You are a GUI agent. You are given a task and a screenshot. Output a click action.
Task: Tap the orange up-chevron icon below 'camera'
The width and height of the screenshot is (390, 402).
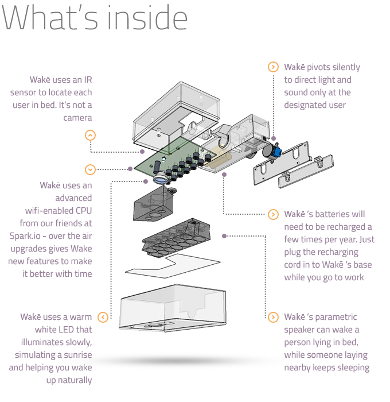tap(90, 136)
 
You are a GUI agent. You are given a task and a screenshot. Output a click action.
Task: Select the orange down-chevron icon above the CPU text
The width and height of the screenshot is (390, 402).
tap(90, 169)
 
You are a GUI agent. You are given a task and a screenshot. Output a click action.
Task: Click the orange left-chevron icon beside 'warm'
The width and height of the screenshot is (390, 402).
tap(103, 317)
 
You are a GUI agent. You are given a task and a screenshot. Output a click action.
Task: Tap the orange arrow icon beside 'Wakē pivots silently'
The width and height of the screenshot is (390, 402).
tap(273, 67)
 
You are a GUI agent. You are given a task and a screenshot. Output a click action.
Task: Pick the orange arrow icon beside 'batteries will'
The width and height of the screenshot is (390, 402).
tap(273, 214)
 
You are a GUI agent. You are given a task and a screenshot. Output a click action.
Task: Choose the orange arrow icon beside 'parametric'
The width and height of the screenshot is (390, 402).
tap(273, 316)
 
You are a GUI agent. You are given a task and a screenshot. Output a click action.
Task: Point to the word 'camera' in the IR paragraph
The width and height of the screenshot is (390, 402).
tap(77, 118)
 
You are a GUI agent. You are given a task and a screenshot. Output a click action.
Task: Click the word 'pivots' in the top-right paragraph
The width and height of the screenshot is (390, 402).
tap(323, 67)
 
